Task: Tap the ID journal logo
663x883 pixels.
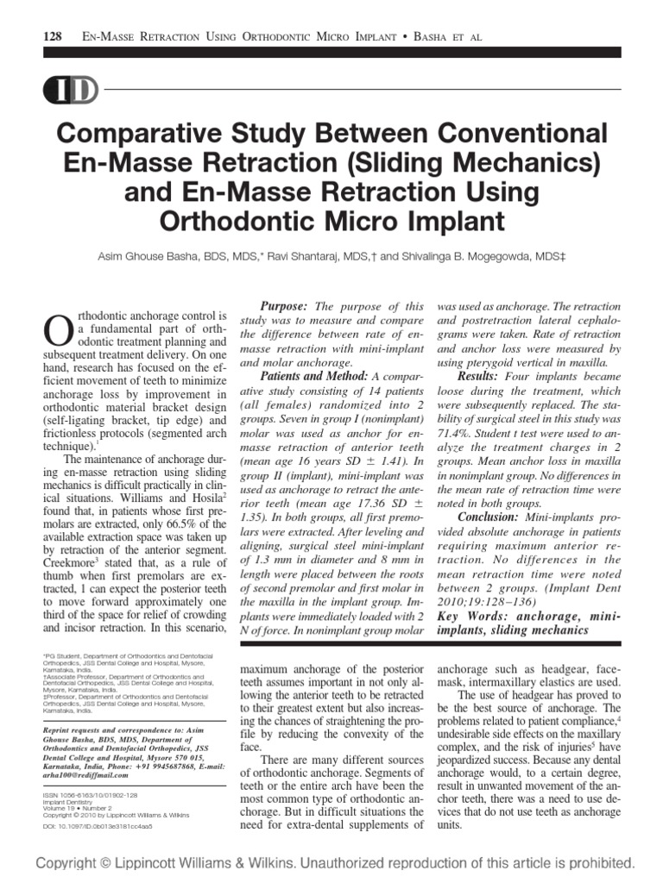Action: coord(66,91)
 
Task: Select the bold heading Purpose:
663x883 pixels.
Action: coord(284,307)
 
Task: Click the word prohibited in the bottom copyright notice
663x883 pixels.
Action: coord(597,862)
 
